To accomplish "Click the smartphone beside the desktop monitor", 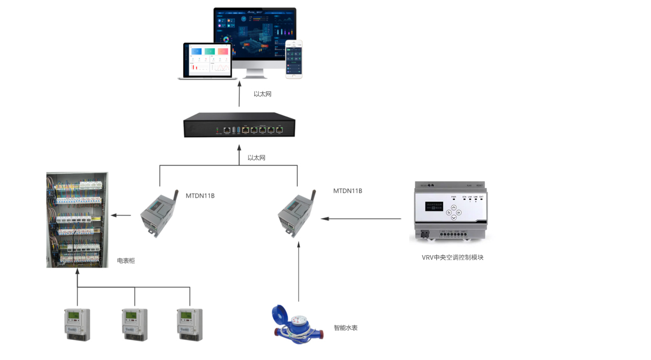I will [x=294, y=59].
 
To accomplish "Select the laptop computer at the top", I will [x=206, y=62].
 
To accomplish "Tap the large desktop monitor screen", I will [x=255, y=34].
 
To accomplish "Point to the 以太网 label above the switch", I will [x=263, y=94].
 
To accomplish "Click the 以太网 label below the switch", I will [x=256, y=158].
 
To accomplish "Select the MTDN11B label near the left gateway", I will [x=200, y=196].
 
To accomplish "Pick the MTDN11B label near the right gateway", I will [x=348, y=191].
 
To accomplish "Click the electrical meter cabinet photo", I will [x=77, y=220].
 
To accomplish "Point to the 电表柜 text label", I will [x=126, y=260].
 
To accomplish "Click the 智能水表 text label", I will [x=346, y=328].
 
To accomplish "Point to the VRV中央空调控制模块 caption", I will [x=453, y=258].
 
